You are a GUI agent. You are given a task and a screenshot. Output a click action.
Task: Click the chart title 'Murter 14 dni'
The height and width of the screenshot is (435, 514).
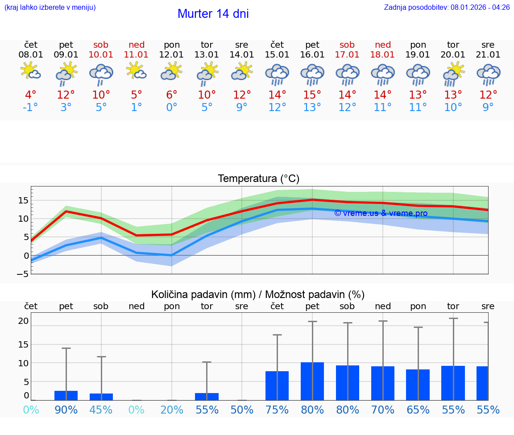tap(213, 14)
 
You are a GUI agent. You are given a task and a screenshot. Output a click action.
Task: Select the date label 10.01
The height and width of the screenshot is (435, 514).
tap(101, 55)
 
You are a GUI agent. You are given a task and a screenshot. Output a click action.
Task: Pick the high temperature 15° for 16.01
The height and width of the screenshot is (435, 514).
tap(312, 95)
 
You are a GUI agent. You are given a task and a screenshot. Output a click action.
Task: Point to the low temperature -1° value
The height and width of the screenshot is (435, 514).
tap(31, 108)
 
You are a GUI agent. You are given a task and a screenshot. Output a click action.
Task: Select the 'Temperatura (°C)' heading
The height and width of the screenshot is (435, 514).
tap(258, 179)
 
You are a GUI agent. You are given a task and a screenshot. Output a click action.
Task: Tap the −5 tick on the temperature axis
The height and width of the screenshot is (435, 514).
tap(23, 274)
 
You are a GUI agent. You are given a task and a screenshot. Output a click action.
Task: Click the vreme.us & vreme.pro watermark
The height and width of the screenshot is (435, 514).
tap(381, 213)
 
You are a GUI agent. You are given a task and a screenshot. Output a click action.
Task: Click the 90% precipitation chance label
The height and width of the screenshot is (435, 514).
tap(66, 410)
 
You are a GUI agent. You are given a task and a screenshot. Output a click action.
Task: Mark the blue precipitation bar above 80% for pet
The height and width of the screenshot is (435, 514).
tap(312, 381)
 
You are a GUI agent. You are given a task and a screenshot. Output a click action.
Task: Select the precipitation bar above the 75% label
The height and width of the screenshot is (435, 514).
tap(277, 385)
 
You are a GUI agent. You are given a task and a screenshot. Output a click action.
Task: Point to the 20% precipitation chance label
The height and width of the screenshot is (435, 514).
tap(172, 410)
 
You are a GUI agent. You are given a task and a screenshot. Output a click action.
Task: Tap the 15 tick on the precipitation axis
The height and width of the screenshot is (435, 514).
tap(23, 344)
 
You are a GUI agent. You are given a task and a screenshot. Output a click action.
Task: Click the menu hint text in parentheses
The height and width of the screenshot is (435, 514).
tap(50, 8)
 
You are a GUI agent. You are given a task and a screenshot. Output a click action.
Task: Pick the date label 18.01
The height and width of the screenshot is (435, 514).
tap(383, 55)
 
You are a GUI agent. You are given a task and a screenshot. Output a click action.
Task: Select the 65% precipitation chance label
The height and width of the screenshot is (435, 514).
tap(418, 410)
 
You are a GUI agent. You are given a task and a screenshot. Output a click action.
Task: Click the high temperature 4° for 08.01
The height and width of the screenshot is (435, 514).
tap(31, 95)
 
